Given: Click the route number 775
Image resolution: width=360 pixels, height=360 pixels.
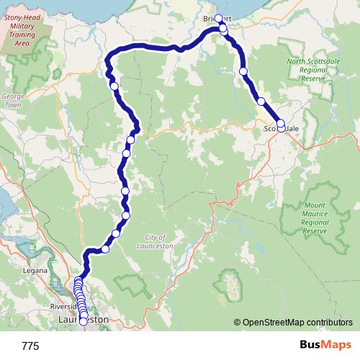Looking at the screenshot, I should pos(30,346).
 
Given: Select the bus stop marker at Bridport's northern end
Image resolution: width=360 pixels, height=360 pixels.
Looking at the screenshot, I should pos(219,19).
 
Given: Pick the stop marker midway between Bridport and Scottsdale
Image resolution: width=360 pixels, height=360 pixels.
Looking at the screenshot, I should pos(244,71).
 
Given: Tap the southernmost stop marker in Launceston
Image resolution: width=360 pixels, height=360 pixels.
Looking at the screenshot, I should pos(83,321).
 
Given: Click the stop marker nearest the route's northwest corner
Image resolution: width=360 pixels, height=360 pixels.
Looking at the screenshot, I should pos(114,86).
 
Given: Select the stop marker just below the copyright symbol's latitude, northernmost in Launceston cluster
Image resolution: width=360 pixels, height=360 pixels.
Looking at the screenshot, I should pos(78,282).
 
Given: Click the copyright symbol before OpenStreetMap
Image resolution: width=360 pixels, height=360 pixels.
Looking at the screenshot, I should pos(238,323).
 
